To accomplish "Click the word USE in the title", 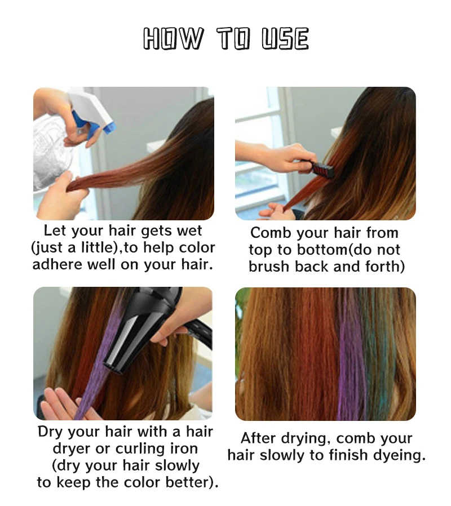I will tap(285, 39).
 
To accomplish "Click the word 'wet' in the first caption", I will tap(189, 231).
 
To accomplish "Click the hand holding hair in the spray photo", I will tap(62, 194).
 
